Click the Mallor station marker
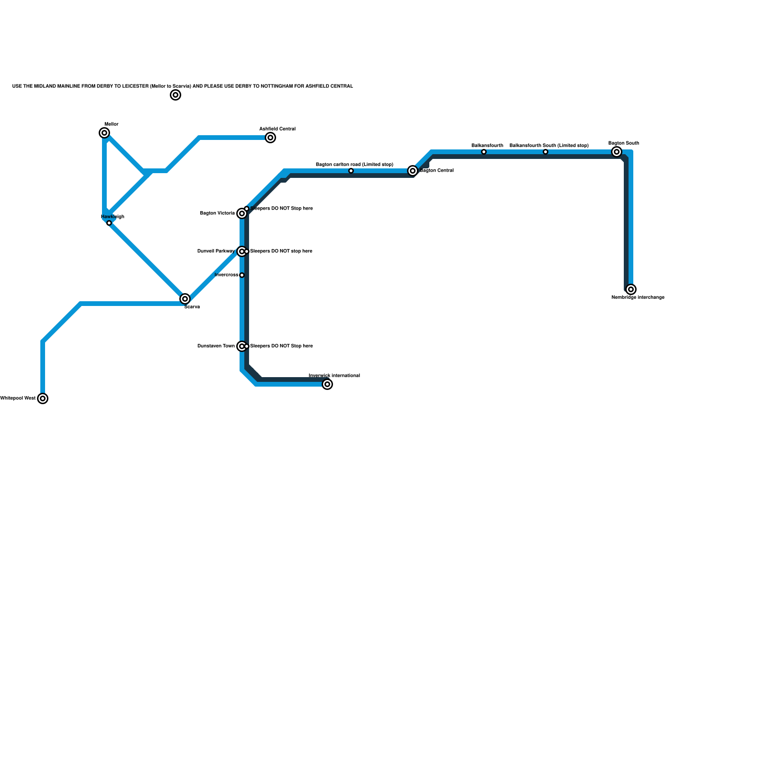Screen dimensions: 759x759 coord(104,133)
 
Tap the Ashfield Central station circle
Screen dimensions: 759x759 coord(270,138)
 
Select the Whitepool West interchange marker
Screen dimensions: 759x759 coord(43,398)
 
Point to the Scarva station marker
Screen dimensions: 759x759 coord(185,299)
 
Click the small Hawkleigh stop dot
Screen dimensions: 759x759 coord(109,223)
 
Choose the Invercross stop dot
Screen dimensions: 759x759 coord(242,275)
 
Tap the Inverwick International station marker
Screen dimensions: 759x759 coord(327,384)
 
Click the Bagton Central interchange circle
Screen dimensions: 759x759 coord(413,171)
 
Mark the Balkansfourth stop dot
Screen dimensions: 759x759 coord(484,152)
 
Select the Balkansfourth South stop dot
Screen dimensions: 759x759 coord(546,152)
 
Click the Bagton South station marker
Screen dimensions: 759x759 coord(617,152)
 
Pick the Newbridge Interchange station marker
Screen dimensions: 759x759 coord(631,289)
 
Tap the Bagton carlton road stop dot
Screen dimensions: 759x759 coord(351,171)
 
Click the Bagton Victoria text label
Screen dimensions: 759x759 coord(217,213)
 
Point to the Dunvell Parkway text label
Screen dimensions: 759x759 coord(216,251)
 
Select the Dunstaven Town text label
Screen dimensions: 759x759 coord(216,346)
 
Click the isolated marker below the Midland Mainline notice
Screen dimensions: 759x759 coord(176,95)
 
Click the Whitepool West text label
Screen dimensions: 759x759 coord(18,398)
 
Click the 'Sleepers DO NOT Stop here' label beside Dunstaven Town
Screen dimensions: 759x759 coord(282,346)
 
